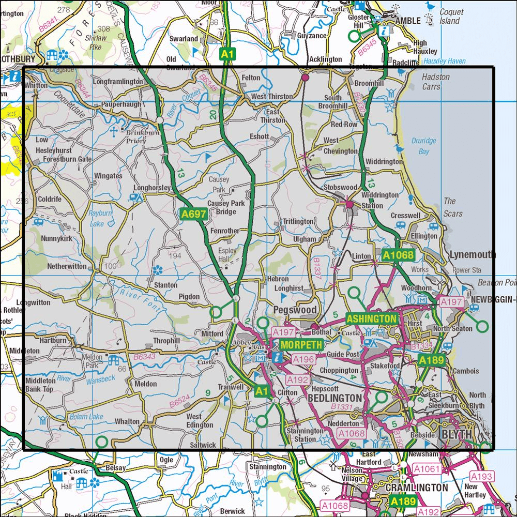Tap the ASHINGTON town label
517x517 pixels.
pyautogui.click(x=371, y=319)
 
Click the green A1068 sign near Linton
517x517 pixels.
pyautogui.click(x=398, y=254)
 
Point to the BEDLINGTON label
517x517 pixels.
pyautogui.click(x=334, y=399)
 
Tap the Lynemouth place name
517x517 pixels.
pyautogui.click(x=472, y=254)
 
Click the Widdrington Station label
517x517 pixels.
pyautogui.click(x=379, y=200)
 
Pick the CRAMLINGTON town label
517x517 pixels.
pyautogui.click(x=417, y=488)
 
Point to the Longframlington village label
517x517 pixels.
pyautogui.click(x=118, y=81)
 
